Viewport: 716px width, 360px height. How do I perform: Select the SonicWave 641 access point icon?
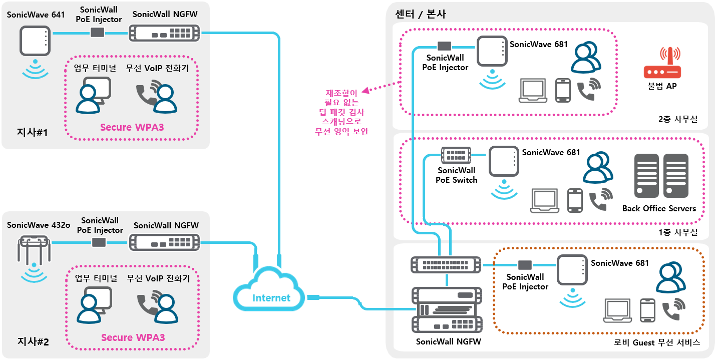[x=35, y=41]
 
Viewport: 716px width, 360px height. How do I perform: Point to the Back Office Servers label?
[x=659, y=208]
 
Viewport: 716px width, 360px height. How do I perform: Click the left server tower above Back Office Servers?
[x=646, y=176]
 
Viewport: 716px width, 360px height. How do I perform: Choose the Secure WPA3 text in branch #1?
[x=132, y=127]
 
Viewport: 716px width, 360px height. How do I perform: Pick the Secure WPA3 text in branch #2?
[x=133, y=337]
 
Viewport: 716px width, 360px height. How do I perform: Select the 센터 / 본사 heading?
[x=421, y=14]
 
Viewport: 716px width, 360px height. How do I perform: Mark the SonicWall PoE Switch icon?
[x=456, y=155]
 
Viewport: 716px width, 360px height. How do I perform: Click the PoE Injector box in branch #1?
[x=97, y=33]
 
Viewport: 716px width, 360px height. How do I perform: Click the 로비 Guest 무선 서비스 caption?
[x=656, y=343]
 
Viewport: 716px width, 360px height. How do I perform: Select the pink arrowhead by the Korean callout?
[x=365, y=91]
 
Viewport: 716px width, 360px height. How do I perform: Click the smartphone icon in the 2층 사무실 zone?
[x=563, y=90]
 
